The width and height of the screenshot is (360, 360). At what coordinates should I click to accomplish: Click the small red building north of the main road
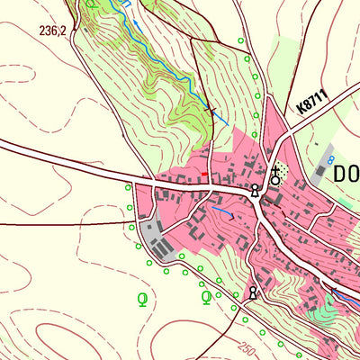click(204, 174)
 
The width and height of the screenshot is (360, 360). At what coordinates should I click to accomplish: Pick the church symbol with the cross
click(275, 175)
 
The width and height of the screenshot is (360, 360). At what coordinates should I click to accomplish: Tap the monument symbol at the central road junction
click(256, 190)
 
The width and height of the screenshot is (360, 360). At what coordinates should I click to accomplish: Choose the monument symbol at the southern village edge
click(253, 292)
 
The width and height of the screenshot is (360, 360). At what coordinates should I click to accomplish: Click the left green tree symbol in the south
click(141, 297)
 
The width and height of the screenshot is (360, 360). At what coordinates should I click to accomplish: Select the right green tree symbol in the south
click(206, 297)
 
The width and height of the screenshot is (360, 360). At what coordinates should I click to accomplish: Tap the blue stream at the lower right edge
click(346, 300)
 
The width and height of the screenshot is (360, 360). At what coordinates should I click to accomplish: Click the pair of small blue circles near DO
click(330, 159)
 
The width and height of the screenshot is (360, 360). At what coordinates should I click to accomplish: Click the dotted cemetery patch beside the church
click(284, 168)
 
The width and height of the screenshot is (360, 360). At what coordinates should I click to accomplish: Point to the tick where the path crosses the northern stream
click(211, 110)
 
